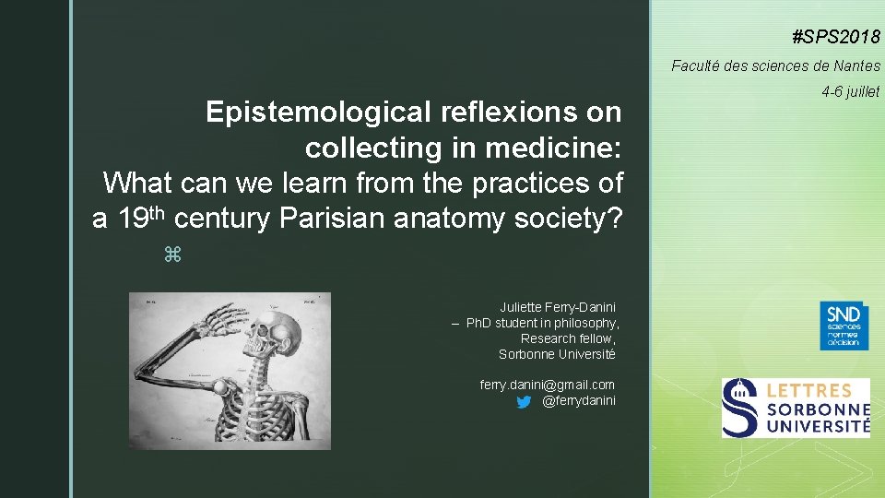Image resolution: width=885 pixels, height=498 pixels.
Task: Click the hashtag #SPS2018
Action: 836,38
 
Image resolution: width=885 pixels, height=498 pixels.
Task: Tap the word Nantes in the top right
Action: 857,65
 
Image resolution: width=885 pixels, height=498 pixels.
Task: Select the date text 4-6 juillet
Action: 850,91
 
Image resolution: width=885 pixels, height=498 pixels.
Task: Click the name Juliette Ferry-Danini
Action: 558,306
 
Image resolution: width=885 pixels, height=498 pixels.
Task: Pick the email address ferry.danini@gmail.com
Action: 548,384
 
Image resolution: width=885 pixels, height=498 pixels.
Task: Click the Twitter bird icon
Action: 524,401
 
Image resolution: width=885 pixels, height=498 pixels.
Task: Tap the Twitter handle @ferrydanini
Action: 579,400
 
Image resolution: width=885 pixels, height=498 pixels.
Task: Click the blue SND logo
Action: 844,325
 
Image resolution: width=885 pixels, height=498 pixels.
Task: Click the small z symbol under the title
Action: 170,253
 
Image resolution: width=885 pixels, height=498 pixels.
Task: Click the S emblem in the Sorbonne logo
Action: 740,407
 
